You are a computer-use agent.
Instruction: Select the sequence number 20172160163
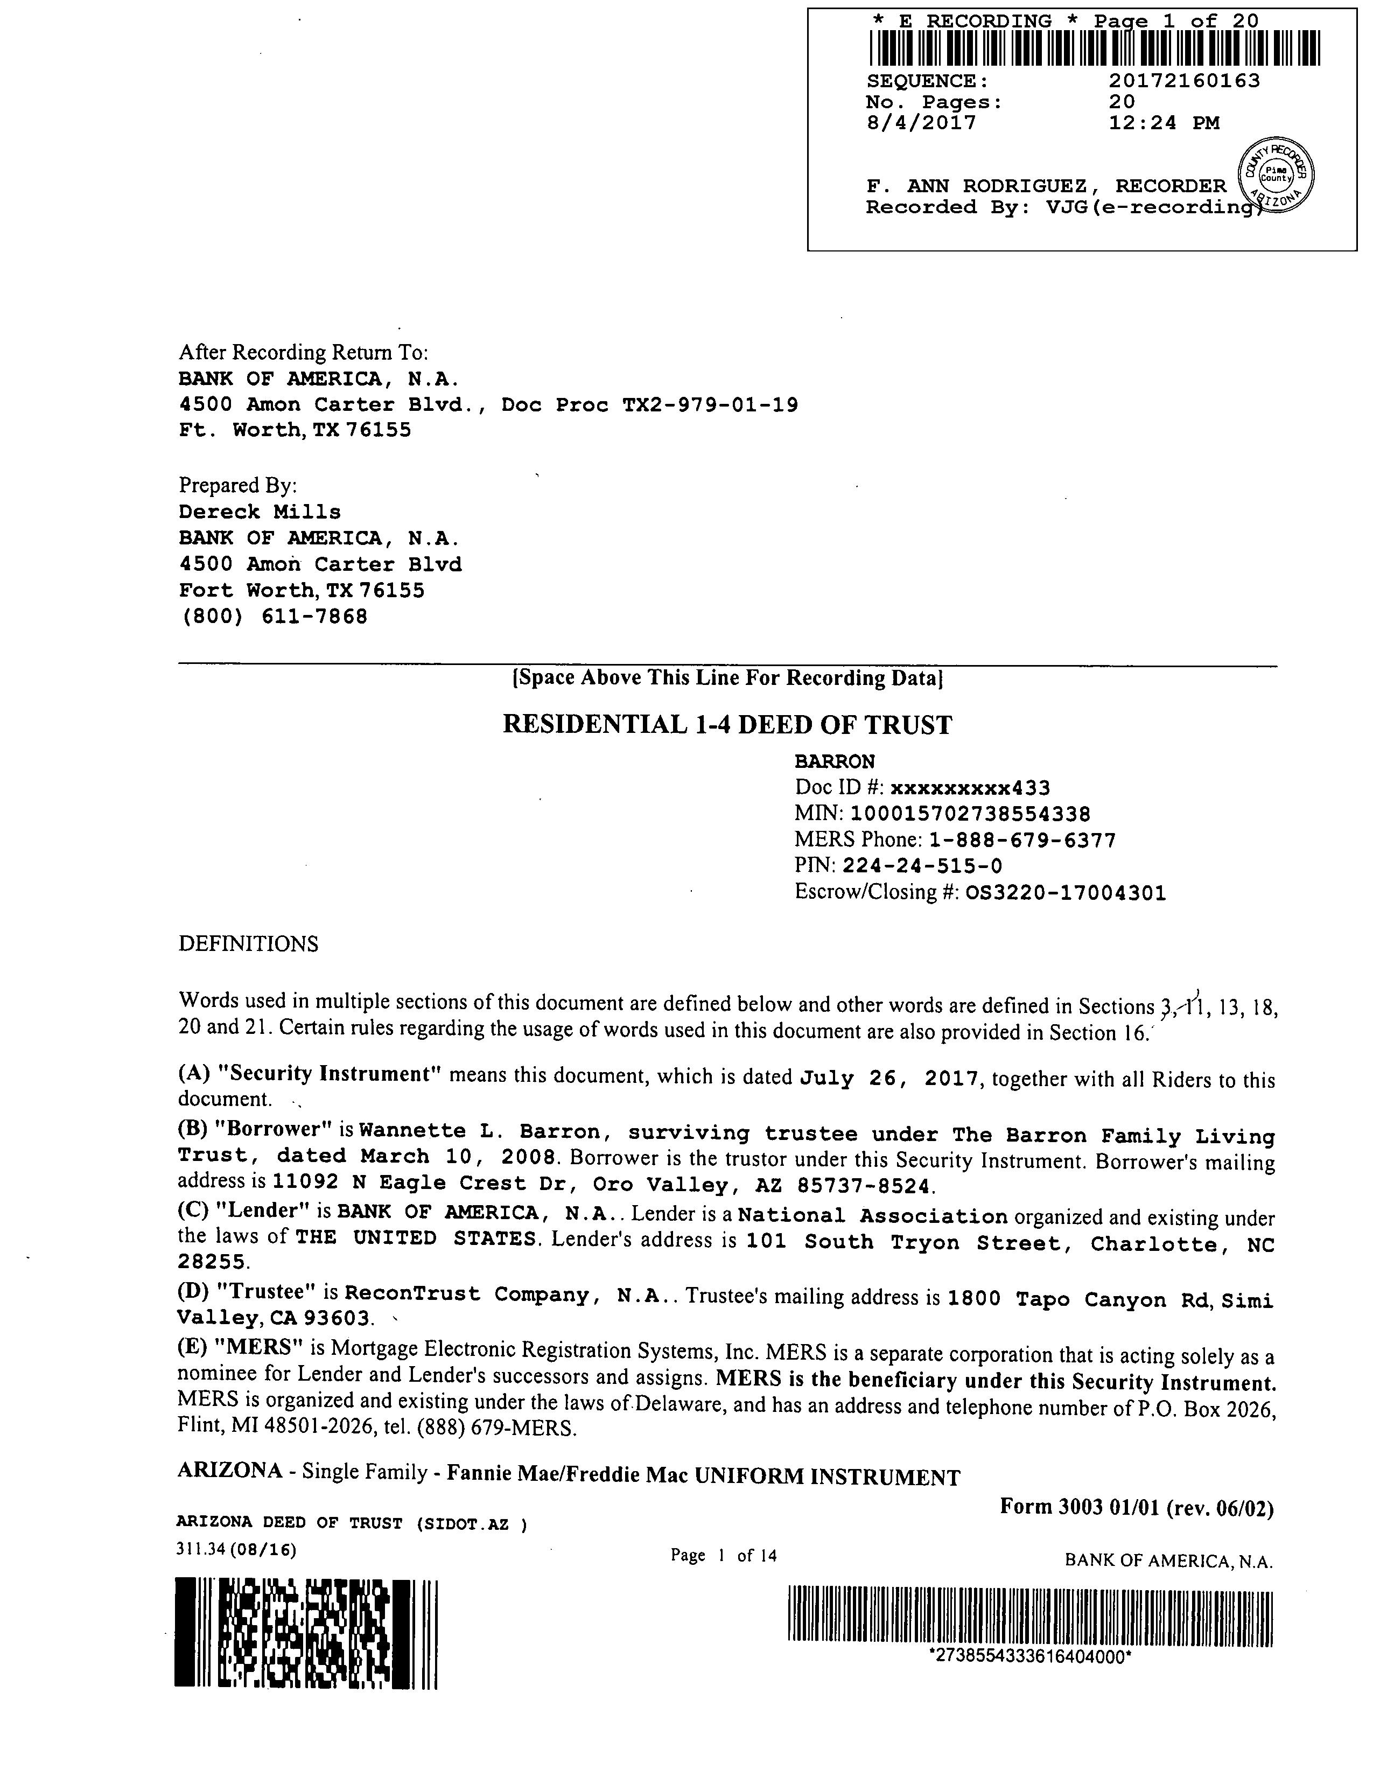pyautogui.click(x=1185, y=81)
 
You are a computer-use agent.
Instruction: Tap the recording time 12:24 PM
pyautogui.click(x=1164, y=124)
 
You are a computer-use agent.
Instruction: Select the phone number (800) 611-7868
pyautogui.click(x=274, y=617)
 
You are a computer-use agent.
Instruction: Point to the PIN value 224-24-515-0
pyautogui.click(x=922, y=866)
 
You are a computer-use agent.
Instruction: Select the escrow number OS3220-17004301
pyautogui.click(x=1066, y=893)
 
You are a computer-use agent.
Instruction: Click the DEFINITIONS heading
pyautogui.click(x=248, y=944)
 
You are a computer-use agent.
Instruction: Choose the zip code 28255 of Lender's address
pyautogui.click(x=212, y=1262)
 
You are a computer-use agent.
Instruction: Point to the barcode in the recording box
pyautogui.click(x=1094, y=48)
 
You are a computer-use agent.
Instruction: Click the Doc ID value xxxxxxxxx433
pyautogui.click(x=970, y=788)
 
